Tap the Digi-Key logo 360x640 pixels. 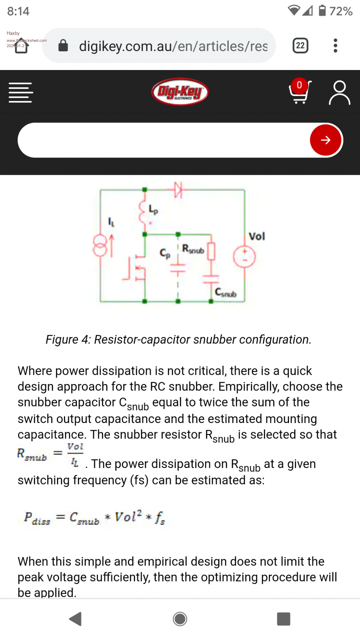coord(180,92)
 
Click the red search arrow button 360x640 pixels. coord(326,140)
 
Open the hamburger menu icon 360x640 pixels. coord(21,92)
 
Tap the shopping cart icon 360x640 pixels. coord(300,92)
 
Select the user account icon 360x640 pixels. coord(339,92)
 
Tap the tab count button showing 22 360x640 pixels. coord(300,46)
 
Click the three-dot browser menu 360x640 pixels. coord(335,46)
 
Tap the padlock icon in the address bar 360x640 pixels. coord(63,46)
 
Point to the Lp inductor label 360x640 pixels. coord(153,210)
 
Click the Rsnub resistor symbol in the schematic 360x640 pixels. coord(211,251)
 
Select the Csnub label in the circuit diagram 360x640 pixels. coord(226,293)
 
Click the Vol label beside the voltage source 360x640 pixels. coord(257,236)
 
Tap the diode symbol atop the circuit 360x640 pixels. coord(179,190)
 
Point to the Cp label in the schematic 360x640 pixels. coord(165,253)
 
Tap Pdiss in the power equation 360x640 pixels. coord(37,518)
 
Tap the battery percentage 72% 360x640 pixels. coord(341,11)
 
